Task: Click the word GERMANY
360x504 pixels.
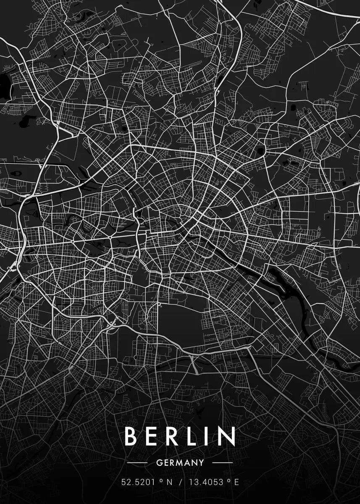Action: pyautogui.click(x=180, y=463)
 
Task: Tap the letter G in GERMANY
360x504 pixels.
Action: pyautogui.click(x=158, y=463)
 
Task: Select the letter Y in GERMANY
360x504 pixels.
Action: pyautogui.click(x=201, y=463)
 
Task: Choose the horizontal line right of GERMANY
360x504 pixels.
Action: pyautogui.click(x=222, y=463)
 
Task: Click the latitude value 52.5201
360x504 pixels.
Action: pyautogui.click(x=137, y=482)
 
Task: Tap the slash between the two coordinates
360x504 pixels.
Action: pyautogui.click(x=181, y=482)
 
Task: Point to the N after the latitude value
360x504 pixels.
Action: pyautogui.click(x=170, y=482)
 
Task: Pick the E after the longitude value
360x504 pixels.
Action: pyautogui.click(x=236, y=482)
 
